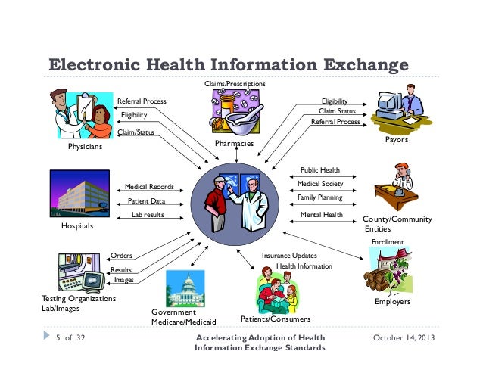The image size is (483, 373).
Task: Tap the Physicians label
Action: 84,147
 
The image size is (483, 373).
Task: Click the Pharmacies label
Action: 234,142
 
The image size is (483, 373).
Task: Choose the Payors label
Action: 396,140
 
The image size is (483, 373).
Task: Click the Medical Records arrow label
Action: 149,187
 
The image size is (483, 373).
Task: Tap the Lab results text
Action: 148,215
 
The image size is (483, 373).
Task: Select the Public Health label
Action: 320,170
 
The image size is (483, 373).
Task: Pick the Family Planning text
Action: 319,197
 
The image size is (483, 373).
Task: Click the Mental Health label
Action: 322,215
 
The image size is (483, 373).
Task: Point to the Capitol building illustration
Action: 185,289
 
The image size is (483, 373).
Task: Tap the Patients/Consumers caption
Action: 276,319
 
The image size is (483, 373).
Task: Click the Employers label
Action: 392,301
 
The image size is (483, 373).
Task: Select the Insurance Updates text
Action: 289,256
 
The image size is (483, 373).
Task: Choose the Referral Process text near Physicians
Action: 142,101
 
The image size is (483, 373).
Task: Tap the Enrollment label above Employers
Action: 388,242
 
